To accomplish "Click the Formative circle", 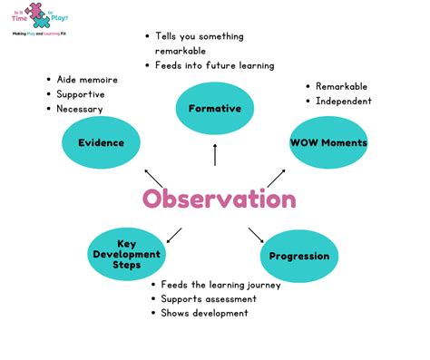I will tap(214, 109).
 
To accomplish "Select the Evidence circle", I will tap(100, 142).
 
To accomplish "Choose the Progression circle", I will tap(298, 257).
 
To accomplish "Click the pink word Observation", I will tap(218, 199).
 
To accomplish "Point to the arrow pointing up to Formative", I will tap(215, 155).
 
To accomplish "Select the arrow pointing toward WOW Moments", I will tap(276, 177).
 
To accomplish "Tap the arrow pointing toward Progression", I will tap(256, 234).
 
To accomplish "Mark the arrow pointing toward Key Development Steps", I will tap(174, 234).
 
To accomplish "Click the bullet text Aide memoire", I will tap(87, 80).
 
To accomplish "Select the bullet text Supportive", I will tap(81, 94).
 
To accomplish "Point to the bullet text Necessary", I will tap(80, 109).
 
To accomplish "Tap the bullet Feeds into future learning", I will tap(215, 66).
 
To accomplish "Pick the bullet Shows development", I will tap(204, 314).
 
